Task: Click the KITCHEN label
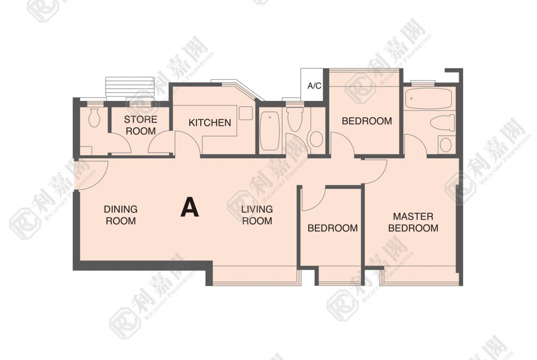pos(210,122)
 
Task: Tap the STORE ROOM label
pos(140,125)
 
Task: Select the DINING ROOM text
pos(121,215)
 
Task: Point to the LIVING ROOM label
pos(257,215)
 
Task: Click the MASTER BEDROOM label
pos(413,222)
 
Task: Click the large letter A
pos(190,207)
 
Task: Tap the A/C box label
pos(314,86)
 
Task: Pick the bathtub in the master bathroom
pos(428,99)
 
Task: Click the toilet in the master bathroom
pos(442,122)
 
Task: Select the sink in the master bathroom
pos(445,144)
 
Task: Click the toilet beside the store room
pos(94,118)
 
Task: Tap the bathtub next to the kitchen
pos(270,131)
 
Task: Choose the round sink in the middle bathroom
pos(316,139)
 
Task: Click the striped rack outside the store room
pos(130,87)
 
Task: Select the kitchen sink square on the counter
pos(246,113)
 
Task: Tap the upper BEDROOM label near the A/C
pos(366,121)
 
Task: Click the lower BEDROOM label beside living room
pos(332,228)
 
